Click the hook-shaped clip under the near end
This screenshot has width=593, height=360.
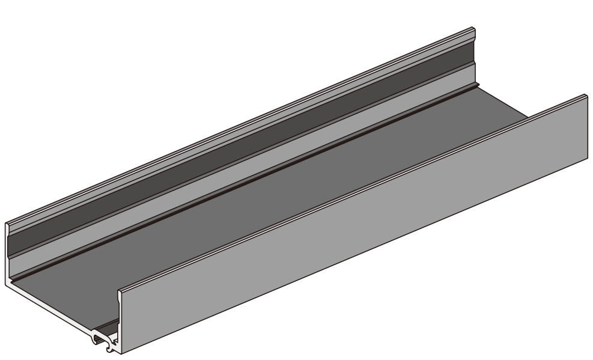point(102,342)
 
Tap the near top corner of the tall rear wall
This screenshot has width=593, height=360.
point(7,224)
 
